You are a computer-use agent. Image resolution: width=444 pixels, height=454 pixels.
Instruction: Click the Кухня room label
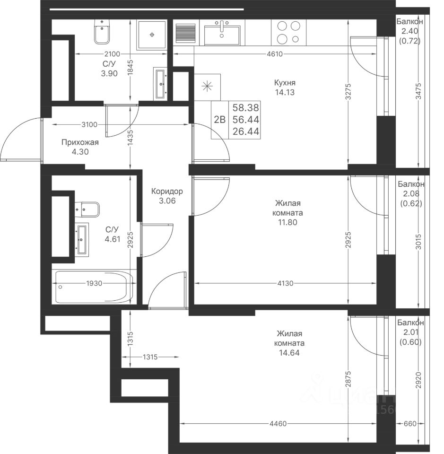285,83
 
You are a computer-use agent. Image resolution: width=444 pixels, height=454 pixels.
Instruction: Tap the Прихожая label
80,142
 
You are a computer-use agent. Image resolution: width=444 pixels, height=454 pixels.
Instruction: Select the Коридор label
167,191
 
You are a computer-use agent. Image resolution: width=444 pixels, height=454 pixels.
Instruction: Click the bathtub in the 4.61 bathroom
94,287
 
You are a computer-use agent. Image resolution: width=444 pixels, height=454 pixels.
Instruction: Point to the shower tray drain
152,35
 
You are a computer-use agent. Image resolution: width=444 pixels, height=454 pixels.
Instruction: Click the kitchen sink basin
222,35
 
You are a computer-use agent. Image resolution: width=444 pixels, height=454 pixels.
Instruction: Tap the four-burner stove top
288,33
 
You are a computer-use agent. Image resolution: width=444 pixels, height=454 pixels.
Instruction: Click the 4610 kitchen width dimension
275,54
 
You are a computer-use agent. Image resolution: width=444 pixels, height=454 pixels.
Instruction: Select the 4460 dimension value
278,424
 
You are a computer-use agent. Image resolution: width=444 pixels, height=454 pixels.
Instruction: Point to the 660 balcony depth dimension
410,424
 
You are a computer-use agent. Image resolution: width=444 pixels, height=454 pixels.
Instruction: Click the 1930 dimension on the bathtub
94,283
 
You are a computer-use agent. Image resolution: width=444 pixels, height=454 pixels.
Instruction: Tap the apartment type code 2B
220,119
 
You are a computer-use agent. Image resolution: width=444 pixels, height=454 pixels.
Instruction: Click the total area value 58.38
246,108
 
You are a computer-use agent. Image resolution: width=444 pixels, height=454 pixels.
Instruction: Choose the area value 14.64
289,353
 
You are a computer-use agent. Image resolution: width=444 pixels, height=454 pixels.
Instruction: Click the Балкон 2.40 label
409,26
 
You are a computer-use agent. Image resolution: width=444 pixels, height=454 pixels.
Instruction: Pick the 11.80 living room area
287,222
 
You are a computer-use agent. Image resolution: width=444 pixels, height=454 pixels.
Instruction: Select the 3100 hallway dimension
89,125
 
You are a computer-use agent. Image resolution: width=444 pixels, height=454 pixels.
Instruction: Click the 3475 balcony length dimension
418,91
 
